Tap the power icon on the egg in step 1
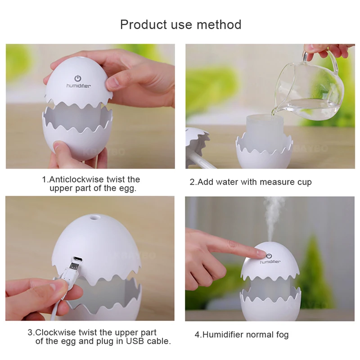77,78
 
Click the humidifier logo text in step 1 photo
79,85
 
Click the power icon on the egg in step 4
269,256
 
